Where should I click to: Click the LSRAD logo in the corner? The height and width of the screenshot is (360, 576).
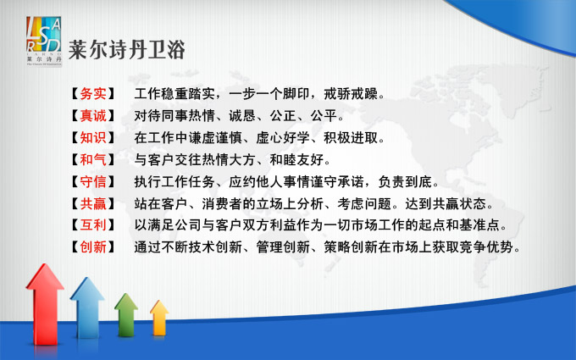click(44, 42)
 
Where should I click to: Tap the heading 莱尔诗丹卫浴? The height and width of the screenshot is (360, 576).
click(127, 50)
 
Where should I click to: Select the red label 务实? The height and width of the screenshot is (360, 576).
click(93, 94)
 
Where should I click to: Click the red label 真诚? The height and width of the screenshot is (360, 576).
click(93, 116)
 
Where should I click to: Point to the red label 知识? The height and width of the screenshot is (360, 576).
click(93, 138)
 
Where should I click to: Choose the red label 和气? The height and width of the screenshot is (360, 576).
click(93, 160)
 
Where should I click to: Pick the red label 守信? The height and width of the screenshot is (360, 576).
click(93, 181)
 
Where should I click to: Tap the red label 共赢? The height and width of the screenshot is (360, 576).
click(93, 203)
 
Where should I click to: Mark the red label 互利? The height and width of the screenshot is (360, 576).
click(93, 225)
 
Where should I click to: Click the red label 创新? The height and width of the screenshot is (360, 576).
click(93, 246)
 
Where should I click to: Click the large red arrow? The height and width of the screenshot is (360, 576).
click(45, 304)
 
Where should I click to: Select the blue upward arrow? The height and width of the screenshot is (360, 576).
click(87, 307)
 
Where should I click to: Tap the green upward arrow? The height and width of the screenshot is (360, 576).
click(126, 315)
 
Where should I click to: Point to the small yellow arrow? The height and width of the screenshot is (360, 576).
click(159, 318)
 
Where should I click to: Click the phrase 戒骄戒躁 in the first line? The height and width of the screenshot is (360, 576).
click(351, 94)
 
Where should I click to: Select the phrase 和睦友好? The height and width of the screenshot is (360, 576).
click(296, 160)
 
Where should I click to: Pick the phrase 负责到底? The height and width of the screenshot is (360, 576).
click(405, 181)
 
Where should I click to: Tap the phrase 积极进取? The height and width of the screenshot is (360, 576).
click(351, 138)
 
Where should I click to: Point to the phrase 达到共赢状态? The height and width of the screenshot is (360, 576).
click(446, 203)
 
